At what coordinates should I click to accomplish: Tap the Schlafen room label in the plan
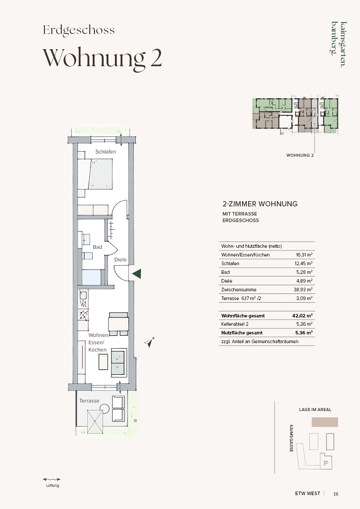coord(105,152)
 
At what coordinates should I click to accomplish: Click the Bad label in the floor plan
coord(98,247)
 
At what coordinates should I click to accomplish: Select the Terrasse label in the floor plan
coord(89,401)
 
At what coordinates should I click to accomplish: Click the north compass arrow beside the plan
coord(149,342)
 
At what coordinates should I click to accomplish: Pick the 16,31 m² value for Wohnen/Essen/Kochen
coord(304,255)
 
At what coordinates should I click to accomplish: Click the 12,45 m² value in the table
coord(303,263)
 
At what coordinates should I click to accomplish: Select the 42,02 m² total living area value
coord(302,316)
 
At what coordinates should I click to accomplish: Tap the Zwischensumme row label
coord(239,290)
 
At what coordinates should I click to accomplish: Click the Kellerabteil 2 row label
coord(235,324)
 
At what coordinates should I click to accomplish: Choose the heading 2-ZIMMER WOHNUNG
coord(260,204)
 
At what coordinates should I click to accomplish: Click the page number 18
coord(336,494)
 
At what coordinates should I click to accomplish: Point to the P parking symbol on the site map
coord(326,463)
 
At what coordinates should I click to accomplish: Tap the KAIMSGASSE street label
coord(291,438)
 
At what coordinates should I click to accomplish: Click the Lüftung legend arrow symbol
coord(52,479)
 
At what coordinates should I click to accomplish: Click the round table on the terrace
coord(104,408)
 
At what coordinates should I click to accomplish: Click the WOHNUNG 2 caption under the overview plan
coord(300,155)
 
